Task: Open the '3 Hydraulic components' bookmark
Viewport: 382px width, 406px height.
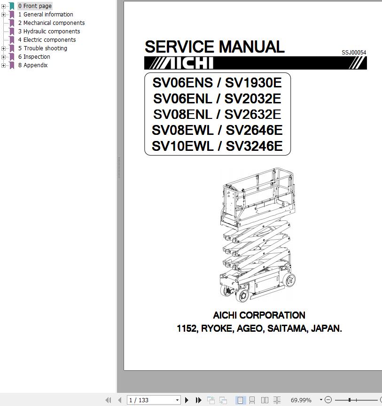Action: point(49,31)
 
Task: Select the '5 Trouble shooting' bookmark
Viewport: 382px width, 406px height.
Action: point(42,48)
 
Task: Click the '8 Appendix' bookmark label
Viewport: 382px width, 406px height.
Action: point(33,65)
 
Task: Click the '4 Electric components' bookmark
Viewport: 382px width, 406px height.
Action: point(47,39)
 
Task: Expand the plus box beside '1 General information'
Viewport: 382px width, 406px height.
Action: point(3,15)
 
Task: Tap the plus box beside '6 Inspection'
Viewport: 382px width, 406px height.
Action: point(3,57)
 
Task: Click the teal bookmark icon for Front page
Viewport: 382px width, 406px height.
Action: point(12,6)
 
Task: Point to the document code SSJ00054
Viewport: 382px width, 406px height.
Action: point(354,53)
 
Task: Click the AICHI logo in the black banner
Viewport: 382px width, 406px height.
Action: point(181,63)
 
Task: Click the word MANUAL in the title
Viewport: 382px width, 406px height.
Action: point(252,47)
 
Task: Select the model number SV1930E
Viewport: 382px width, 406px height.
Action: point(253,83)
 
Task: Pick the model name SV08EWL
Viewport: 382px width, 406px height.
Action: point(183,130)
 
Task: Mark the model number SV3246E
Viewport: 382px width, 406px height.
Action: point(254,146)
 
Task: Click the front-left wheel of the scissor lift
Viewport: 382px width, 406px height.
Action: point(242,296)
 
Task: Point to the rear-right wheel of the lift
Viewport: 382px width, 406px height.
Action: point(289,280)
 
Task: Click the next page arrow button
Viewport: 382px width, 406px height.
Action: point(187,400)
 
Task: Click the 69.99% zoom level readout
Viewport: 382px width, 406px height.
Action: point(301,400)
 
